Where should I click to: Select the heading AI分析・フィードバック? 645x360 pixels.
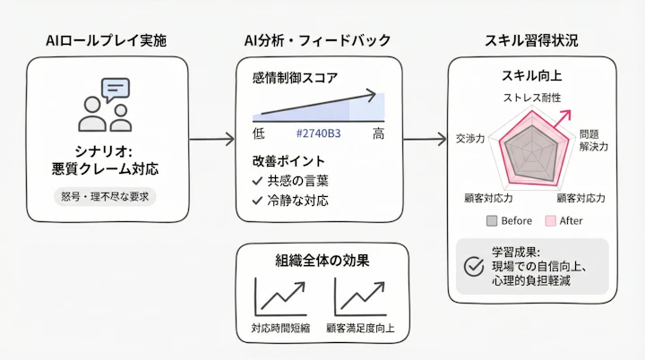coord(317,40)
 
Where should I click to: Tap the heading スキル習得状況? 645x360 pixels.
coord(532,40)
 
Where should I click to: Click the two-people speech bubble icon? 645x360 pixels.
coord(106,106)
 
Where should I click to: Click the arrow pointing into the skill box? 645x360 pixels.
coord(426,139)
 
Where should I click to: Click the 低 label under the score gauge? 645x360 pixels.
coord(259,134)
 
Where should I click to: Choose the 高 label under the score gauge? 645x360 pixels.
coord(379,134)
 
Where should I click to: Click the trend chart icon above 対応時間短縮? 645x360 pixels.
coord(279,295)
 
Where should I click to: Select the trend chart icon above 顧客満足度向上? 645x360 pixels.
coord(359,295)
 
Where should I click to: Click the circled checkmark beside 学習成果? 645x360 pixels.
coord(474,267)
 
